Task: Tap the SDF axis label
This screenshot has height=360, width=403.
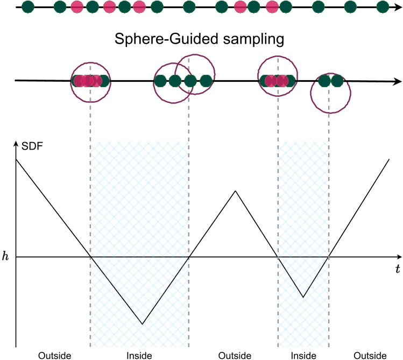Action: tap(32, 145)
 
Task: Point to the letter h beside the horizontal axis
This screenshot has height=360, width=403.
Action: tap(5, 257)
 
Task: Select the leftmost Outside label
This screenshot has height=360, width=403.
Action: tap(54, 355)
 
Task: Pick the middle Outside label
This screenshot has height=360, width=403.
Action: tap(235, 355)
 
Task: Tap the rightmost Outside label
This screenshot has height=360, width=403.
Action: tap(370, 355)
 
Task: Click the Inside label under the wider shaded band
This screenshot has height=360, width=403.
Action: tap(139, 355)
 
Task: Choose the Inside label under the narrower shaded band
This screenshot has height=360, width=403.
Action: tap(303, 355)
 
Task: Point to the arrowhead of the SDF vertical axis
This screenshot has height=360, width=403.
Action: tap(16, 144)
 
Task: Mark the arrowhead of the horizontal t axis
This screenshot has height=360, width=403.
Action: tap(397, 257)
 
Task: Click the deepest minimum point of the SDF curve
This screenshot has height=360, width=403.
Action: tap(142, 324)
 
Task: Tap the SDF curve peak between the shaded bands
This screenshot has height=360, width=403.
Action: tap(236, 190)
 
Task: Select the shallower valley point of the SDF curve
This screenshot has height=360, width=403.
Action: tap(303, 297)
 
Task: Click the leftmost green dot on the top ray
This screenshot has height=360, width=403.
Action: tap(29, 8)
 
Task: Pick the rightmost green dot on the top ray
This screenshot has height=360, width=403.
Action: tap(383, 8)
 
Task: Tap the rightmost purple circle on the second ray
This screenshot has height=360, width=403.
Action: tap(330, 93)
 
